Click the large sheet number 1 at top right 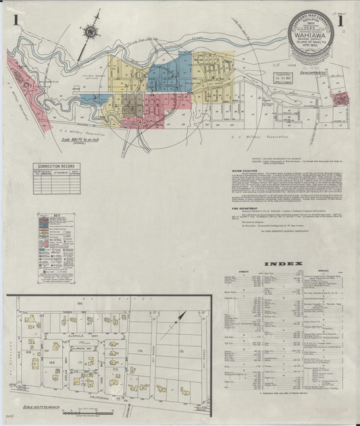point(340,23)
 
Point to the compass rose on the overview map point(89,30)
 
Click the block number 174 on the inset point(140,352)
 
